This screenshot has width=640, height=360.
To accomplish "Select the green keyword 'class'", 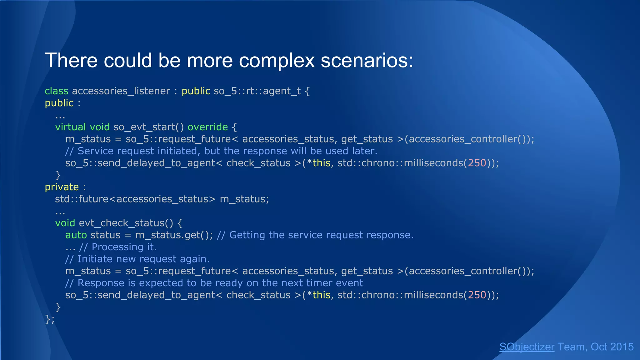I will [x=56, y=91].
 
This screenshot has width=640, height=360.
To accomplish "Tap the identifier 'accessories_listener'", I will [x=121, y=91].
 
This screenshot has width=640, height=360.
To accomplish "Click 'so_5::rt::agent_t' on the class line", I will [x=257, y=91].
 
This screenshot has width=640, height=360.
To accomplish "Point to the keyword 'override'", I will [x=207, y=127].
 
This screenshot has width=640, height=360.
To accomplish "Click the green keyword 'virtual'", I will [x=70, y=127].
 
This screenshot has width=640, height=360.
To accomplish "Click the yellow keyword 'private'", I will [x=62, y=187].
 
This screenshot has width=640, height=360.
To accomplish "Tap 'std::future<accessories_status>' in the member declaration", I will [x=135, y=199].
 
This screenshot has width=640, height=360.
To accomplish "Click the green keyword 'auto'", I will [x=76, y=235].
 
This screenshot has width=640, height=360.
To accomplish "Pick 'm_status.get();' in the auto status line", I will [x=174, y=235].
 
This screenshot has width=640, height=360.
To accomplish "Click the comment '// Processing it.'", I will [x=118, y=247].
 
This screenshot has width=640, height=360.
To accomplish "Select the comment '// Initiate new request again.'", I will [x=137, y=259].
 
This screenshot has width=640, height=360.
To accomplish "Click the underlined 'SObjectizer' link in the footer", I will [x=527, y=347].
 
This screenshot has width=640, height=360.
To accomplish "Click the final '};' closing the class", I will [x=50, y=319].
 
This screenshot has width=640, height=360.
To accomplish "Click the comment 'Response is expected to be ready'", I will [x=214, y=283].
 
